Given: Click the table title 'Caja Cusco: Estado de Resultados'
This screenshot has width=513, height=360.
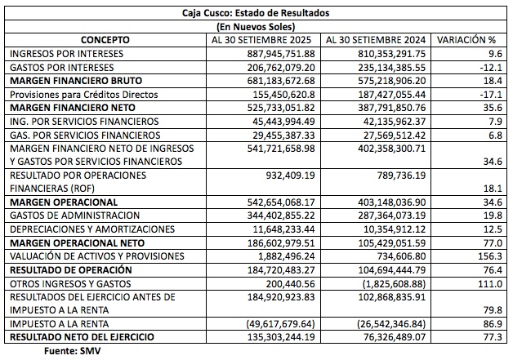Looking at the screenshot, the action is (256, 13).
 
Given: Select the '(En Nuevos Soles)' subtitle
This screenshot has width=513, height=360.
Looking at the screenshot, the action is (256, 26).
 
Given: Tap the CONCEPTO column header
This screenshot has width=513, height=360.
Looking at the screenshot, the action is (105, 40).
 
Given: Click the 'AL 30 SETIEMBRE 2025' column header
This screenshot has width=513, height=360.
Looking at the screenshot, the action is (261, 40).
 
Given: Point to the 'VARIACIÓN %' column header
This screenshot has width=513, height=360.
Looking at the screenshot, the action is (466, 40).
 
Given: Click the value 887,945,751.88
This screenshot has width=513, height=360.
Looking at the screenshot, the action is (281, 54).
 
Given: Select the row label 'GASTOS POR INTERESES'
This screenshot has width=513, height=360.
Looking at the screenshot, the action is (62, 68).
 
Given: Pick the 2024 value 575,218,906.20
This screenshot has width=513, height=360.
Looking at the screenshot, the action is (391, 81).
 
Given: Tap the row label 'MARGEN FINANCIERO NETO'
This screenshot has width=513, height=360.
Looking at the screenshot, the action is (73, 108).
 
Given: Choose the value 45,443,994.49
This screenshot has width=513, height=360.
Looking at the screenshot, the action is (283, 122).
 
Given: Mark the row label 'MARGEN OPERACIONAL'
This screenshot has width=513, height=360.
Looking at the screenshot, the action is (64, 202).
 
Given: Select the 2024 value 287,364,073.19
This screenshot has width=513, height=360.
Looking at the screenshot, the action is (391, 216).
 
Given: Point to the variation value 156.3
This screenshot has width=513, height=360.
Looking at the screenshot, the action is (490, 256).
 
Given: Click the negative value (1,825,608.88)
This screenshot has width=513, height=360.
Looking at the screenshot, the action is (395, 284).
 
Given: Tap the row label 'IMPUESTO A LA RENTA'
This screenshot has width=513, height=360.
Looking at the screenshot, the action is (59, 324).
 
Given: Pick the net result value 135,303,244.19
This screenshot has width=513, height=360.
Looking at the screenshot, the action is (281, 337).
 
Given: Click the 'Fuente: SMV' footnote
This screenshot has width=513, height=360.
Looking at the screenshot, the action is (73, 351).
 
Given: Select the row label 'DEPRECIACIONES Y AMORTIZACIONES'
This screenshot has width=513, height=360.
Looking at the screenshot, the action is (92, 229).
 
